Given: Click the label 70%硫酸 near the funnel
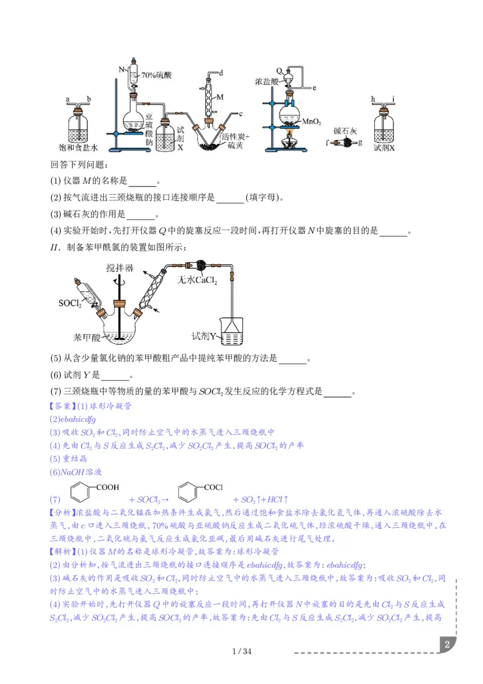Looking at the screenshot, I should [156, 76].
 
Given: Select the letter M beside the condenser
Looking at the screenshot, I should [220, 97].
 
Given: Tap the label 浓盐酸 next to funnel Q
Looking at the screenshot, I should [265, 80].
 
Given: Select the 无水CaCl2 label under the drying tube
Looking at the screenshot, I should [197, 280].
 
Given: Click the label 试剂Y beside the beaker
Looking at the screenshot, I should [205, 335].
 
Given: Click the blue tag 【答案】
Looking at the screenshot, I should [63, 405].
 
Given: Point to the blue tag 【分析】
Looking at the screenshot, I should [63, 513].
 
